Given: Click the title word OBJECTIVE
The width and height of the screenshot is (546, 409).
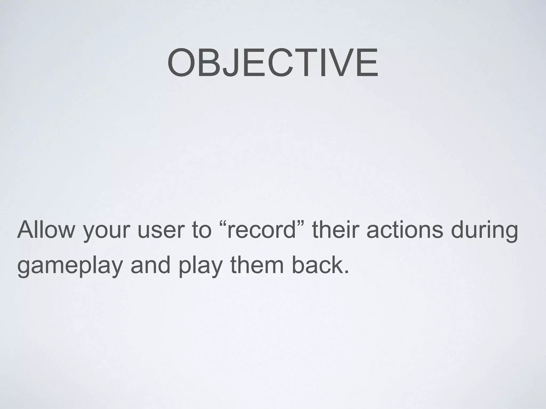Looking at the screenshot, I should (x=272, y=62).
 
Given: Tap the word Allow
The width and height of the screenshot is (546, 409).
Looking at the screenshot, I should (x=46, y=230).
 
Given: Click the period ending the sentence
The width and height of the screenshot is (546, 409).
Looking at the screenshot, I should (x=346, y=272).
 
